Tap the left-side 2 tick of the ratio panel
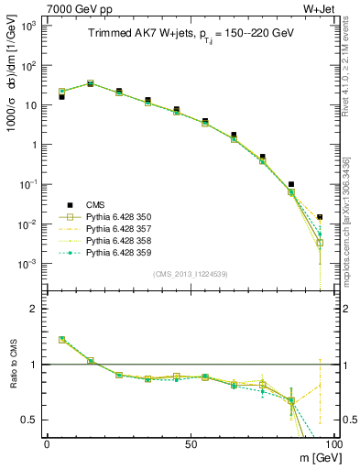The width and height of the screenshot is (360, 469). (x=35, y=309)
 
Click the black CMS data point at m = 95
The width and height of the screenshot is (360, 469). (x=320, y=217)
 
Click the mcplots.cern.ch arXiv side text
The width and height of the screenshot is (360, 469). (x=352, y=183)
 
